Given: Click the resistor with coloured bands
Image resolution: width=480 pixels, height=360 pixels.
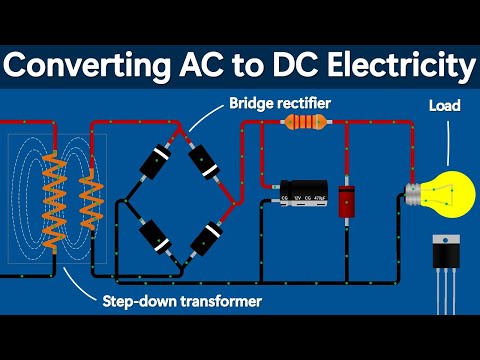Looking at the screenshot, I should (x=303, y=123).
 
